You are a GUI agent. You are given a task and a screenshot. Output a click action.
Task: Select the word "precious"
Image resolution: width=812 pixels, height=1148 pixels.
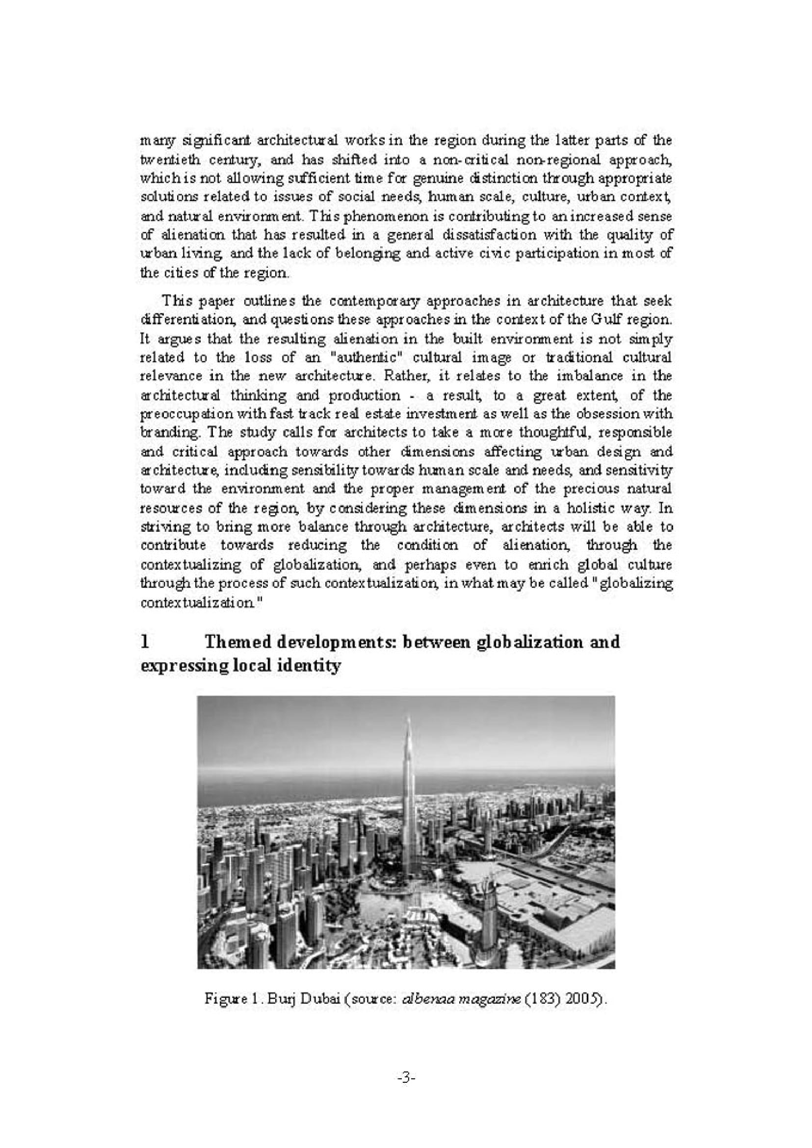pyautogui.click(x=595, y=489)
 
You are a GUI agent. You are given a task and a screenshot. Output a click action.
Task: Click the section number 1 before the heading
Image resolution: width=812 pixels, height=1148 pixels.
pyautogui.click(x=145, y=642)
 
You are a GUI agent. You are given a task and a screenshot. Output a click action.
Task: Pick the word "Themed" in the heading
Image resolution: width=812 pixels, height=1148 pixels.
pyautogui.click(x=237, y=642)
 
